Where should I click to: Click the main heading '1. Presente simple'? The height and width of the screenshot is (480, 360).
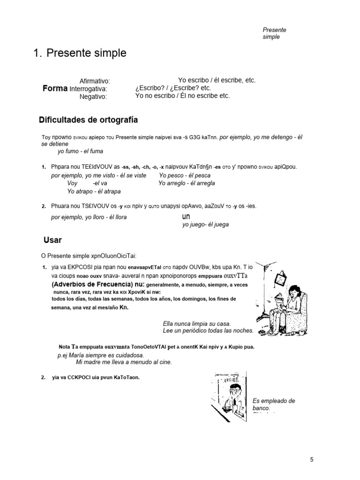[x=80, y=53]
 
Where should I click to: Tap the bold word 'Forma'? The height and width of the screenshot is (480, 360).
[x=55, y=88]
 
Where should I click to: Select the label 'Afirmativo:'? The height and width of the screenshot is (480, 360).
[x=95, y=81]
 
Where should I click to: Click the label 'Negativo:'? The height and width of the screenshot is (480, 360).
[x=93, y=97]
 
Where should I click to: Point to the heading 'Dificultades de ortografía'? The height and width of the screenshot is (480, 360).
[x=88, y=120]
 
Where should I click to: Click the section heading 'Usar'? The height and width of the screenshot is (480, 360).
[x=52, y=240]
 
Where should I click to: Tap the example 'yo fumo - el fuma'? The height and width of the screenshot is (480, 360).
[x=80, y=151]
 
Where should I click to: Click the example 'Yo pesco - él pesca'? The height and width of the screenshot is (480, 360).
[x=185, y=175]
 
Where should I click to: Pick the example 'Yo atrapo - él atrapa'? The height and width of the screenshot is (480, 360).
[x=94, y=191]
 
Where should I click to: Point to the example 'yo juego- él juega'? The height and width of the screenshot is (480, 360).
[x=205, y=225]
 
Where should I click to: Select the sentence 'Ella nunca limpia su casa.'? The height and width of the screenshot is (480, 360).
[x=196, y=324]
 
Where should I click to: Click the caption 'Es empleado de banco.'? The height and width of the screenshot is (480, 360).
[x=273, y=404]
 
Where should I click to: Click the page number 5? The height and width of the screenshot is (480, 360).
[x=312, y=459]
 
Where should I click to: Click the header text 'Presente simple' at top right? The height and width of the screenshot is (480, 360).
[x=274, y=33]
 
